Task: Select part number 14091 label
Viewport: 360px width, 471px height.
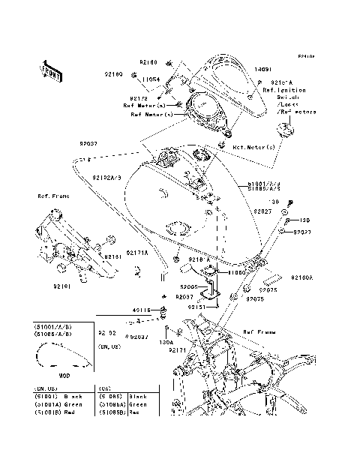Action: pyautogui.click(x=262, y=68)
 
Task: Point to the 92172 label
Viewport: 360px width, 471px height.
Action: pyautogui.click(x=139, y=98)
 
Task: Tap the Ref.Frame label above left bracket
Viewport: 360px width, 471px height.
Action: pyautogui.click(x=53, y=196)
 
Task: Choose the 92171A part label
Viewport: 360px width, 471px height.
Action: pyautogui.click(x=136, y=252)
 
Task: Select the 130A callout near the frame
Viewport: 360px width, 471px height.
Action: pyautogui.click(x=165, y=342)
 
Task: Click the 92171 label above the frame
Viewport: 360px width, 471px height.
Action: pyautogui.click(x=178, y=350)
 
